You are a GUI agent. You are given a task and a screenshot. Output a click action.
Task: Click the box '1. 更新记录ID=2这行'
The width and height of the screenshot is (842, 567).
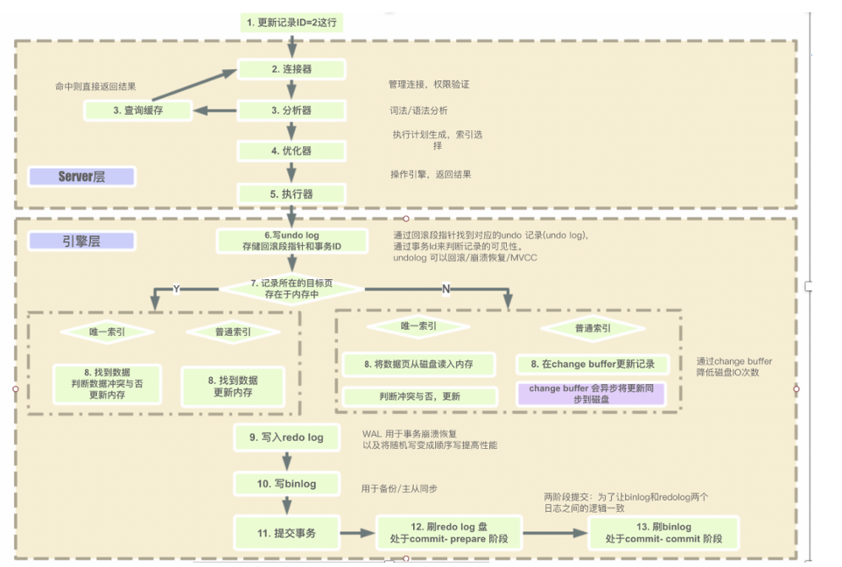pyautogui.click(x=291, y=22)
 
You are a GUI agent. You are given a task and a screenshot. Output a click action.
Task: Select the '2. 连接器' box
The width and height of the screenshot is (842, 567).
pyautogui.click(x=291, y=69)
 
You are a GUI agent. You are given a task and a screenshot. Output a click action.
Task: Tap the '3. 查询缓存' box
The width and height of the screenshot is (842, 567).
pyautogui.click(x=138, y=110)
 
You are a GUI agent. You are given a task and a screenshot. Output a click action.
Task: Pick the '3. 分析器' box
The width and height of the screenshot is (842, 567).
pyautogui.click(x=291, y=110)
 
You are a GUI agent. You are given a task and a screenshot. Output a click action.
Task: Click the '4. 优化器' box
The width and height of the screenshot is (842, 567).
pyautogui.click(x=291, y=150)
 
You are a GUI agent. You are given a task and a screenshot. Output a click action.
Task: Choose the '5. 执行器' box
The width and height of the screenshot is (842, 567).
pyautogui.click(x=291, y=193)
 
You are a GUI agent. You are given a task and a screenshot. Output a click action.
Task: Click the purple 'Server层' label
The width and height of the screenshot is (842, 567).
pyautogui.click(x=81, y=177)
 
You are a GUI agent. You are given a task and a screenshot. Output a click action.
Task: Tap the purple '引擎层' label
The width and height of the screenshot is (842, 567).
pyautogui.click(x=81, y=241)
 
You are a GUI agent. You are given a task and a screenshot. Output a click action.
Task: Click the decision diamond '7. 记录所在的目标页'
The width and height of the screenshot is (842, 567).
pyautogui.click(x=291, y=289)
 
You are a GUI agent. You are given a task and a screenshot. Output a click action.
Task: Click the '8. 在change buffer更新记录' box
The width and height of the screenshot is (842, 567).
pyautogui.click(x=593, y=364)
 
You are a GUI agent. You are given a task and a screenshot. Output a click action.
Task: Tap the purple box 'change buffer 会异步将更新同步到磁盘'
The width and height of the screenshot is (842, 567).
pyautogui.click(x=593, y=393)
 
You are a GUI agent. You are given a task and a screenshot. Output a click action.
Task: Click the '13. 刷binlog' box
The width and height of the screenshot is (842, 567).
pyautogui.click(x=664, y=533)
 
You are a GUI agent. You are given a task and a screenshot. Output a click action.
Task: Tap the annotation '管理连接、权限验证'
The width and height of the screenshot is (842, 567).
pyautogui.click(x=429, y=85)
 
